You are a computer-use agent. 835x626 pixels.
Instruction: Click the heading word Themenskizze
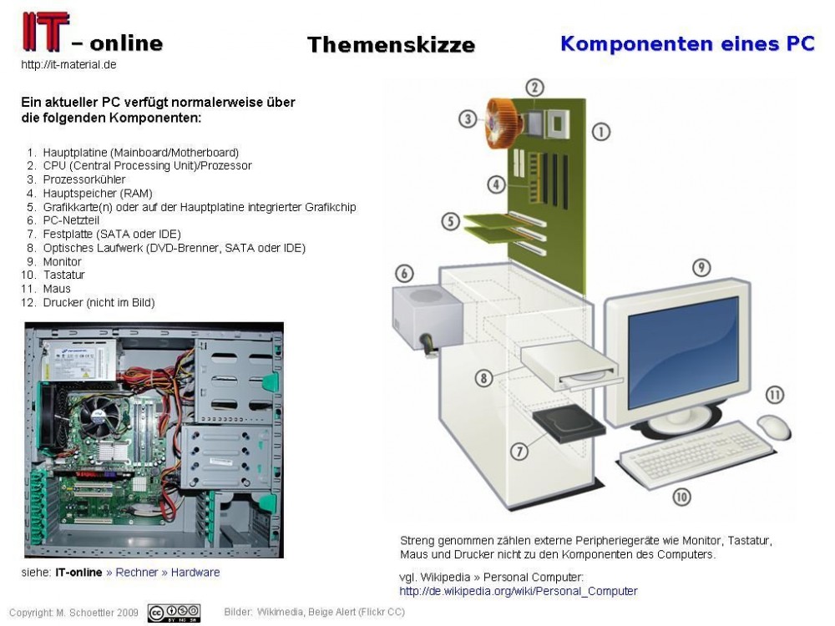(391, 45)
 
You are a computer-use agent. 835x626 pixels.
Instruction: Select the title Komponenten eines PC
(687, 43)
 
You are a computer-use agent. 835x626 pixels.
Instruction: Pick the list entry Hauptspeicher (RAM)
(97, 193)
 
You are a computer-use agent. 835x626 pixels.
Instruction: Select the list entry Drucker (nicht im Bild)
(99, 302)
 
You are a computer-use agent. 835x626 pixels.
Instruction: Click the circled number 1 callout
(601, 131)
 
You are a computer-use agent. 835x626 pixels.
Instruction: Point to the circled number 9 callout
(701, 267)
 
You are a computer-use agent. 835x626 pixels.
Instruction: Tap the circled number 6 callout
(404, 273)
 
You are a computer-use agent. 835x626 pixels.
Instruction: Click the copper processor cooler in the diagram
(506, 123)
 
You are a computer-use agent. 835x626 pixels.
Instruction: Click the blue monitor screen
(672, 341)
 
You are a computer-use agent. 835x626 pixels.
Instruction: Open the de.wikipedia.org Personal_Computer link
(518, 591)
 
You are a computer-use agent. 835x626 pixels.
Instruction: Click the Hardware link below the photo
(195, 573)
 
